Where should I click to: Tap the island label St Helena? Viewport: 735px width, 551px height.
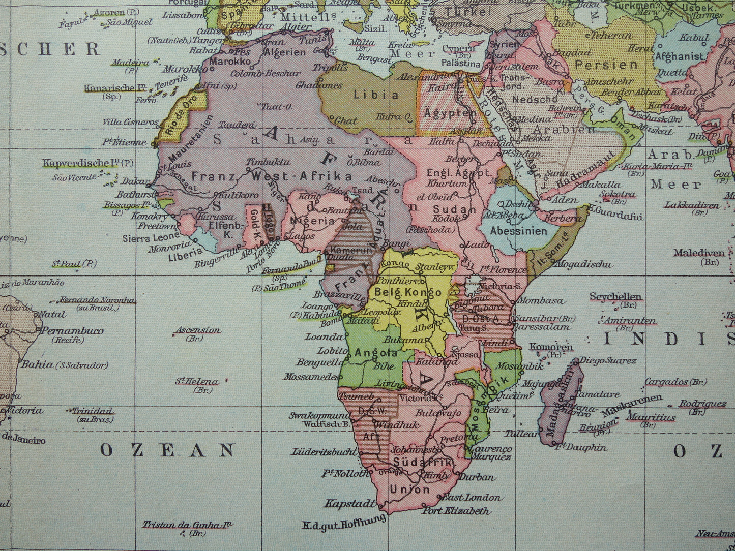click(197, 381)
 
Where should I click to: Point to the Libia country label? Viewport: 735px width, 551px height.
click(376, 94)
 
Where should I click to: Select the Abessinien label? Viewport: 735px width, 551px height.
click(518, 231)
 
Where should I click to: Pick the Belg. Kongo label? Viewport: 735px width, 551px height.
click(407, 292)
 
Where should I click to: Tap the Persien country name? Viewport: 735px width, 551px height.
click(606, 65)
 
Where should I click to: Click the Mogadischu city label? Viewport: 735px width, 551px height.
click(583, 264)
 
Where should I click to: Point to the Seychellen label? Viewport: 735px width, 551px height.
click(615, 296)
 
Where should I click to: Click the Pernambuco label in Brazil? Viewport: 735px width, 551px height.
click(72, 330)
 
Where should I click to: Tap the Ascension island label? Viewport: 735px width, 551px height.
click(198, 330)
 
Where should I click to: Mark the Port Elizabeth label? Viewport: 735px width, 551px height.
click(456, 511)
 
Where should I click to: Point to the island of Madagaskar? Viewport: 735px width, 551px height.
click(560, 407)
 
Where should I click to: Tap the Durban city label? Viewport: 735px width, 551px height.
click(477, 477)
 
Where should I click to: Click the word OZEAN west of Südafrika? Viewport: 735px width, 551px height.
click(167, 450)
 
